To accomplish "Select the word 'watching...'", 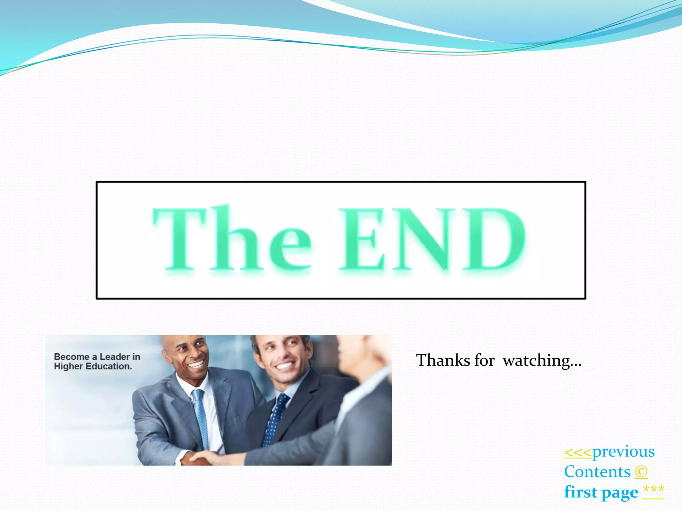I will [542, 360].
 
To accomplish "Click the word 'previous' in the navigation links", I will [623, 451].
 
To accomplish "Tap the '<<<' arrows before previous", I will [578, 452].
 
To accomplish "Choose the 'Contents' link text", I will [597, 472].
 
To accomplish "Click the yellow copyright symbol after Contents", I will [641, 472].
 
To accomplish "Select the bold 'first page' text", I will [601, 492].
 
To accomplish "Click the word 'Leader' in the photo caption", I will [115, 357].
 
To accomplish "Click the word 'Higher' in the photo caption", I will [68, 366].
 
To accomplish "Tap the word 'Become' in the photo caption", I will [72, 357].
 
